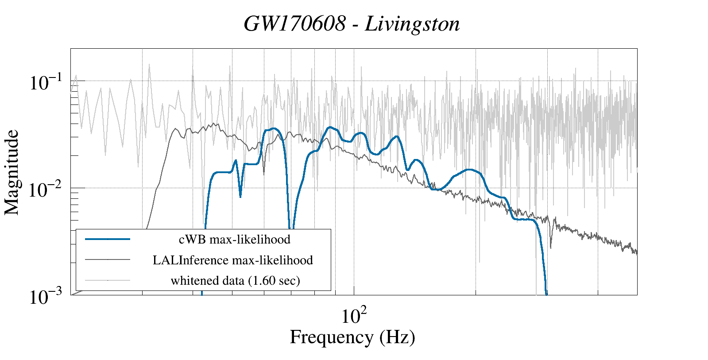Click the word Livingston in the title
(412, 24)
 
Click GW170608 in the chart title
(294, 24)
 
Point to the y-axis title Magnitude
(12, 172)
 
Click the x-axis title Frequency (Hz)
(352, 337)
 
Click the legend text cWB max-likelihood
(234, 240)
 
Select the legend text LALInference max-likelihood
(232, 260)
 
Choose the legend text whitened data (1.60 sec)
(235, 280)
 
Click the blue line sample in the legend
(108, 239)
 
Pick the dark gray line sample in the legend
(108, 260)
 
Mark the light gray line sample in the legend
(108, 280)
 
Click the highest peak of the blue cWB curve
(329, 128)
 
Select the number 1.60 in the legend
(260, 280)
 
